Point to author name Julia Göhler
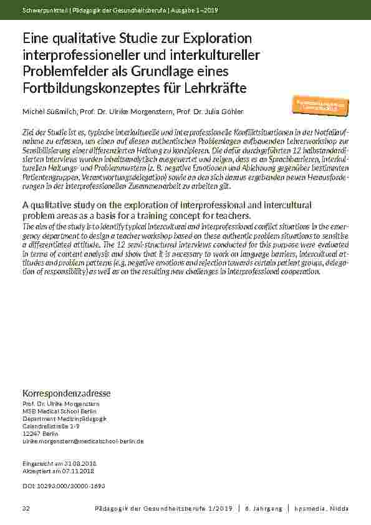coord(209,111)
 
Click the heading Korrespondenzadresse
coord(66,393)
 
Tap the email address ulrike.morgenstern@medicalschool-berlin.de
coord(83,441)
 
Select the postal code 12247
coord(31,433)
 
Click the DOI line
coord(64,484)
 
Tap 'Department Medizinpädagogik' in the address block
coord(65,418)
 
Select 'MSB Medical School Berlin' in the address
coord(59,411)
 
